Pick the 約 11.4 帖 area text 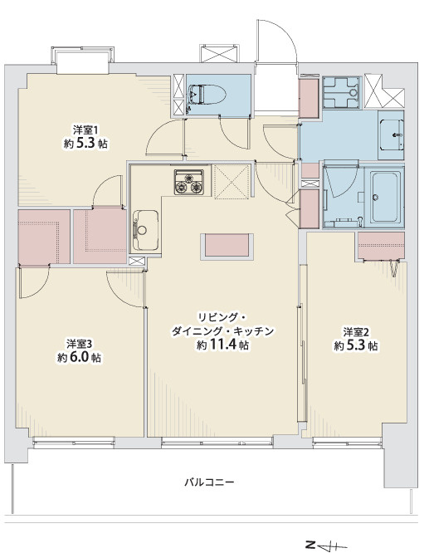click(x=222, y=345)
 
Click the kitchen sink click(x=146, y=224)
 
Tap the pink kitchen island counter click(x=229, y=246)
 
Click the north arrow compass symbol click(x=324, y=545)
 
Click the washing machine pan click(x=339, y=93)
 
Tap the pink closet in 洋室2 click(x=381, y=245)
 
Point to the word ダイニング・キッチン click(x=222, y=331)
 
